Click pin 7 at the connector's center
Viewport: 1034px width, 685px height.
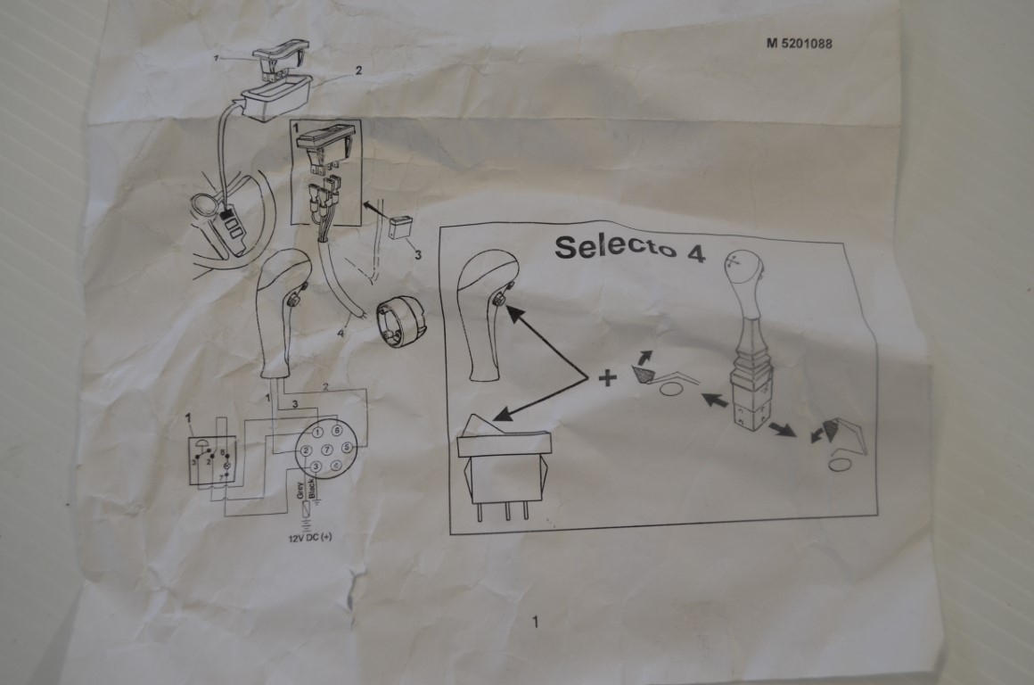point(327,450)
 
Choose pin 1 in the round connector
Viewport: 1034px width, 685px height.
point(317,433)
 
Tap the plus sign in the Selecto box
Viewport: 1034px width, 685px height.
point(607,378)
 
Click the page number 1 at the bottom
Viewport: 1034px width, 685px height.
point(535,623)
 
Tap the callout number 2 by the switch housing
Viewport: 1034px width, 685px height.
point(358,70)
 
